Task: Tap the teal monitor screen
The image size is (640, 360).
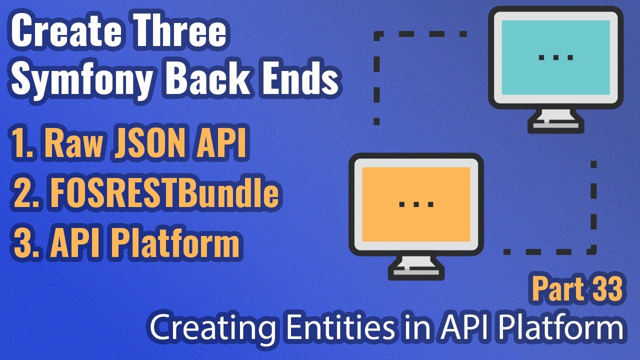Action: (555, 57)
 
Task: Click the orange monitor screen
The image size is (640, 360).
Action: (415, 203)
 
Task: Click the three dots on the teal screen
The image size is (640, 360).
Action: (555, 57)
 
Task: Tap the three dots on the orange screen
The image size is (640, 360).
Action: (416, 204)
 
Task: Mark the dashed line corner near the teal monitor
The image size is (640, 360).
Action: (378, 35)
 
